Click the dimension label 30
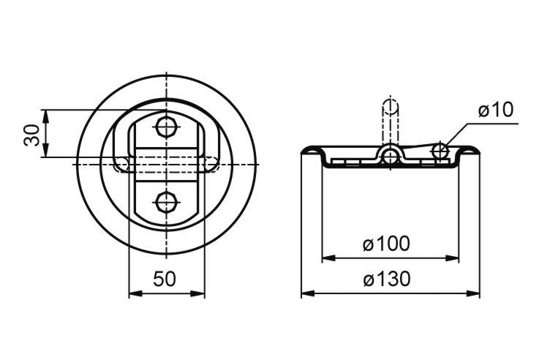point(32,135)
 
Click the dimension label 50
point(164,280)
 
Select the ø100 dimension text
point(386,244)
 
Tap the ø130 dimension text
point(387,280)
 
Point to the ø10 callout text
point(496,110)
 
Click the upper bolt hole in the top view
point(167,127)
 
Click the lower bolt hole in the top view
point(167,203)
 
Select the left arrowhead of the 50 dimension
point(136,293)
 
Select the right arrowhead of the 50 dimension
point(197,293)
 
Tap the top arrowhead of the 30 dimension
point(45,116)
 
